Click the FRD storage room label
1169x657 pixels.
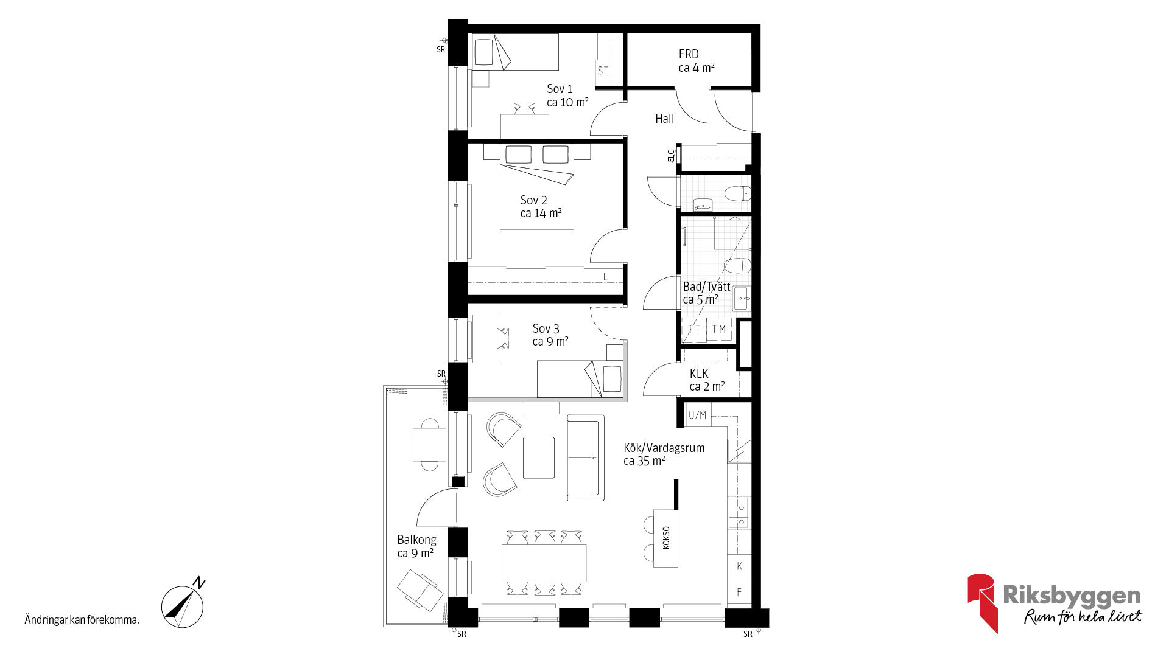pos(697,61)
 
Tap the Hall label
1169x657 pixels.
pos(665,119)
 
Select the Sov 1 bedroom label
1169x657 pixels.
pos(567,96)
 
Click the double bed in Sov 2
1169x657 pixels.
pos(537,186)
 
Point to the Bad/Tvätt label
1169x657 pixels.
pos(706,293)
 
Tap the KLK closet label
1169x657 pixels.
pos(707,380)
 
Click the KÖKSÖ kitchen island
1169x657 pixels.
pos(665,538)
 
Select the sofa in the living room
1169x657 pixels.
pos(586,458)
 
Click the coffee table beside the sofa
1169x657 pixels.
pos(539,457)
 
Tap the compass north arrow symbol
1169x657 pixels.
pos(183,606)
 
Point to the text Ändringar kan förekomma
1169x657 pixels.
pos(82,620)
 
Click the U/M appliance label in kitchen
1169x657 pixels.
pos(698,415)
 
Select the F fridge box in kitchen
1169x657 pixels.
pos(740,592)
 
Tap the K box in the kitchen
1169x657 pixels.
pos(740,566)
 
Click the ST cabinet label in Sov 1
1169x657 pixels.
pos(603,71)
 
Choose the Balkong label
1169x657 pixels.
pos(416,546)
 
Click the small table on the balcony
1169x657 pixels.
pos(429,445)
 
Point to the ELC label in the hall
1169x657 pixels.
pos(671,156)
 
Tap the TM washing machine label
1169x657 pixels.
pos(719,329)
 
